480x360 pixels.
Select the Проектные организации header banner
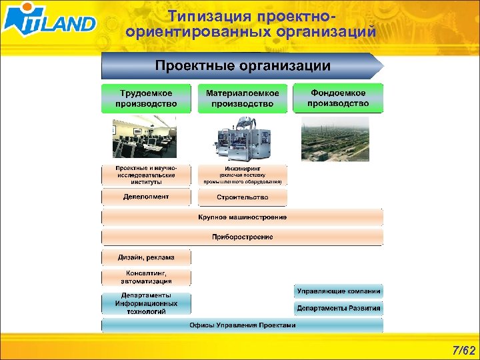243,66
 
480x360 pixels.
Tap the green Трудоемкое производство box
146,98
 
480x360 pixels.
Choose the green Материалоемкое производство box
243,98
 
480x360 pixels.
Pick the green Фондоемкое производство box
338,98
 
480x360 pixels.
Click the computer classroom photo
146,139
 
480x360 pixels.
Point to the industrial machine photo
242,139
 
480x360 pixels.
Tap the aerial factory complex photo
335,139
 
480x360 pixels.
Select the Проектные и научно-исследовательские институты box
146,175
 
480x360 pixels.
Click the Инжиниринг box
243,175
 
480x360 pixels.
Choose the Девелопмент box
146,197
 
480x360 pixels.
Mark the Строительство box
243,197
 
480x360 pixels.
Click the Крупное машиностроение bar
243,217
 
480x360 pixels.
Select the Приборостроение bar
243,237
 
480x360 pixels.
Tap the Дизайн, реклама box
146,257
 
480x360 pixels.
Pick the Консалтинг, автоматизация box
146,277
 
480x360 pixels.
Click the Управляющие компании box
339,291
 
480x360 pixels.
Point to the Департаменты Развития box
339,308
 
